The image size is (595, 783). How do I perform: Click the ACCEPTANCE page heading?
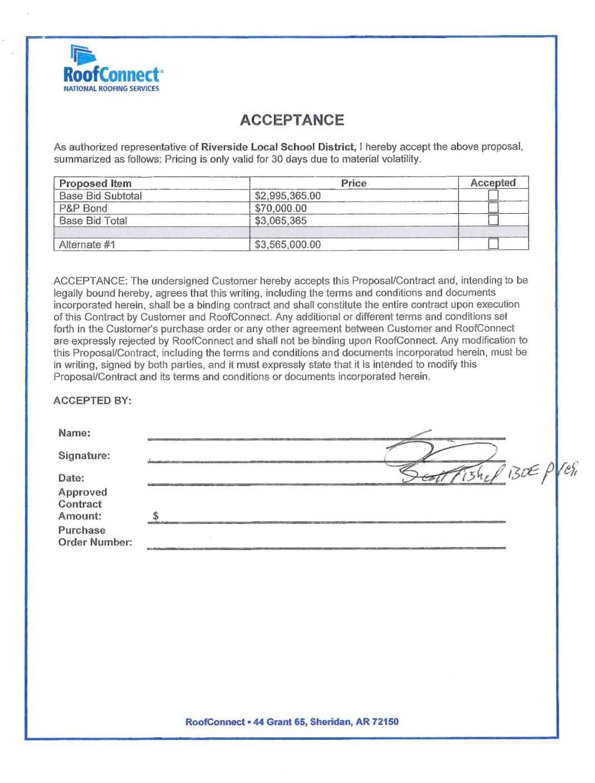[x=292, y=120]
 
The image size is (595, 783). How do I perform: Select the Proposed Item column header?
[x=95, y=183]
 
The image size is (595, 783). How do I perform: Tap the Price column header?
[x=353, y=183]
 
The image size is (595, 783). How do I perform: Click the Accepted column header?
[x=493, y=183]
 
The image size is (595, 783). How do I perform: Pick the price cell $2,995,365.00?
[x=288, y=196]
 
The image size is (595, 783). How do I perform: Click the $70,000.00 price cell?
[x=281, y=208]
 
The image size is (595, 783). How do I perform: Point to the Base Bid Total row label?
[x=93, y=220]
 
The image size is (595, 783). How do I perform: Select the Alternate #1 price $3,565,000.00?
[x=288, y=244]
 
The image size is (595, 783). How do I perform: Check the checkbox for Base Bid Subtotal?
[x=493, y=195]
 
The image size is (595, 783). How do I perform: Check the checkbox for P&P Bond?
[x=493, y=208]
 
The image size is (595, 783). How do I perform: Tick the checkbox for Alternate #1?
[x=493, y=243]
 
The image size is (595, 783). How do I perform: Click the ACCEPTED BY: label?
[x=92, y=401]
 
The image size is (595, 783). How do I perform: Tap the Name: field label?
[x=74, y=433]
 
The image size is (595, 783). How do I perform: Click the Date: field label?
[x=71, y=478]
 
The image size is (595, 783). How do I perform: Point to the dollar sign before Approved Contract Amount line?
[x=156, y=516]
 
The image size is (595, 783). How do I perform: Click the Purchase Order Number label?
[x=95, y=536]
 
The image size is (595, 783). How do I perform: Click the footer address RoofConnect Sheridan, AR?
[x=292, y=722]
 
